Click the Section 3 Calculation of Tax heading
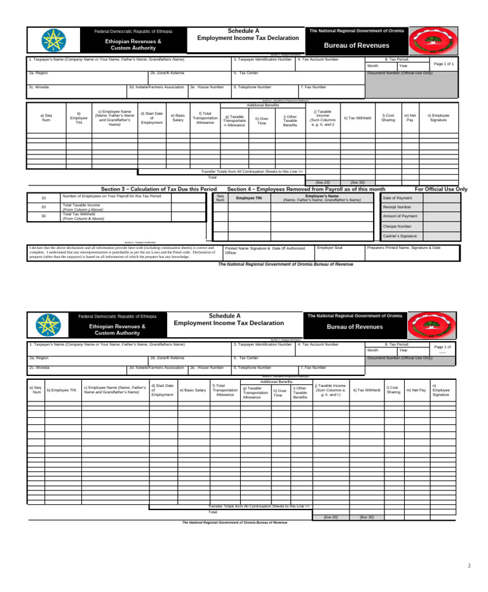[159, 189]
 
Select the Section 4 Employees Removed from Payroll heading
[306, 189]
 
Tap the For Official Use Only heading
[440, 189]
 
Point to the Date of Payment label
[397, 198]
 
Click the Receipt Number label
[396, 207]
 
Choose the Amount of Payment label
[400, 216]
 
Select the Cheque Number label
[396, 226]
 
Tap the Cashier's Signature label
[400, 236]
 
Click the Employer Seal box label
[330, 247]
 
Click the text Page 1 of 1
[444, 64]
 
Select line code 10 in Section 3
[44, 198]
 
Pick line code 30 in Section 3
[44, 217]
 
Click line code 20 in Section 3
[44, 207]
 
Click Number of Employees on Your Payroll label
[111, 196]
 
